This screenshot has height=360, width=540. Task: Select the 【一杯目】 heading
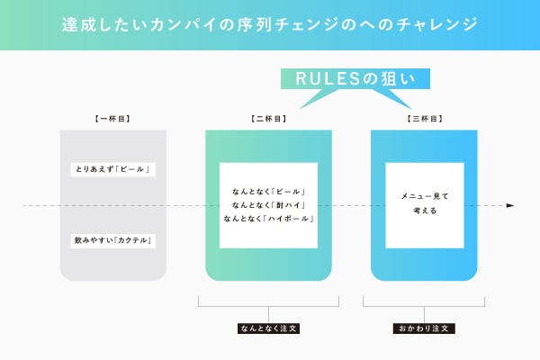click(x=112, y=118)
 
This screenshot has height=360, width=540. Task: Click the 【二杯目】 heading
click(x=268, y=118)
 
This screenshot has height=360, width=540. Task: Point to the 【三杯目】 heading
click(x=425, y=118)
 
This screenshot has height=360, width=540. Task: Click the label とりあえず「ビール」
click(x=112, y=169)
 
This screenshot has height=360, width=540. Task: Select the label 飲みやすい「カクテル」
click(x=112, y=240)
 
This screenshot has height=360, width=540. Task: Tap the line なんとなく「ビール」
click(x=268, y=192)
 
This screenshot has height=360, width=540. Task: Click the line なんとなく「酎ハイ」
click(x=268, y=205)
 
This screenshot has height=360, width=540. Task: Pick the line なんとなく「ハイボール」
click(x=268, y=220)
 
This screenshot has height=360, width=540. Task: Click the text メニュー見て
click(x=425, y=195)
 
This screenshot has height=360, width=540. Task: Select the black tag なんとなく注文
click(x=268, y=328)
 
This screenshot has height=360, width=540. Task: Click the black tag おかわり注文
click(x=425, y=328)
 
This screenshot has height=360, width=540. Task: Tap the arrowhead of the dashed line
click(x=510, y=206)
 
